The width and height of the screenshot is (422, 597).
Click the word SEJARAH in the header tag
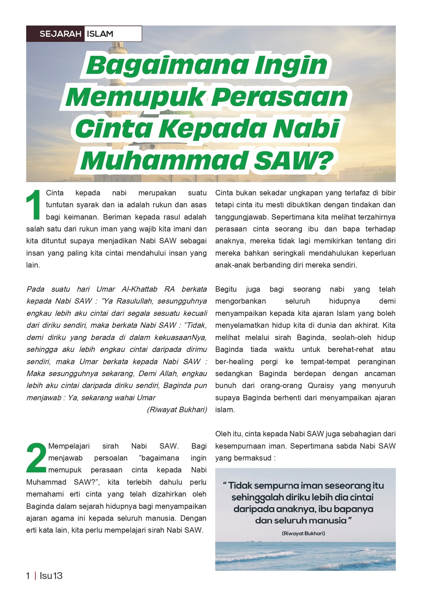[60, 34]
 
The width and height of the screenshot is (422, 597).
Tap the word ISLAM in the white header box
[100, 34]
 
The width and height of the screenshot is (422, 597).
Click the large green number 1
[34, 205]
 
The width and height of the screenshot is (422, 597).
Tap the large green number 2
[36, 458]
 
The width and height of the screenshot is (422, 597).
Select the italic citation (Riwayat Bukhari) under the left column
[177, 410]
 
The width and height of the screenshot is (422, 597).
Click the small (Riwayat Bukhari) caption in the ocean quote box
[303, 533]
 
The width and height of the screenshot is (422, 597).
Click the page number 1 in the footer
[28, 576]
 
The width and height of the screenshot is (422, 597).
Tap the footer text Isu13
[51, 576]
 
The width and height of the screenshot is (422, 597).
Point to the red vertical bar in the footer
[35, 576]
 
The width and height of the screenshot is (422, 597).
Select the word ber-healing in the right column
[234, 361]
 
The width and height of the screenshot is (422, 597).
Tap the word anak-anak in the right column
[231, 265]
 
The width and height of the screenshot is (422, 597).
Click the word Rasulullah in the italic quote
[130, 301]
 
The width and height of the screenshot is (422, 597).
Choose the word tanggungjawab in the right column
[241, 217]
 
